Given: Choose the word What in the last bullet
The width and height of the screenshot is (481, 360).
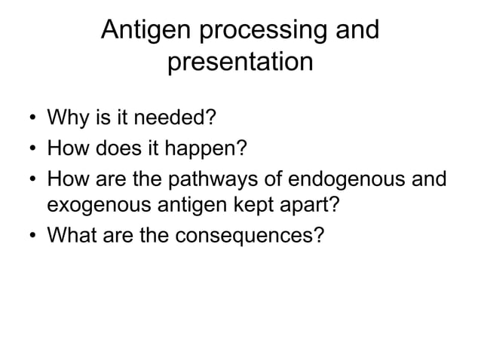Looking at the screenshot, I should click(x=72, y=236).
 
